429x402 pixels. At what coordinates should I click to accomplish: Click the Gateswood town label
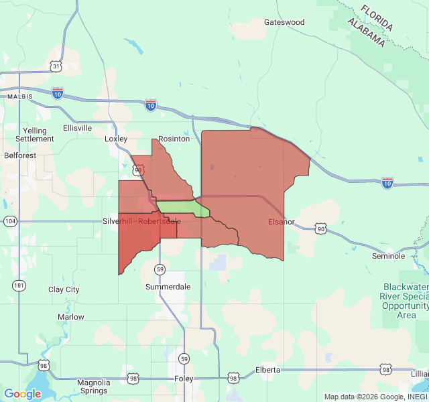point(284,22)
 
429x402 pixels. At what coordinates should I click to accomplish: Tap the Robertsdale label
point(159,221)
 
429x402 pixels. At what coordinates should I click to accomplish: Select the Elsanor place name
point(282,222)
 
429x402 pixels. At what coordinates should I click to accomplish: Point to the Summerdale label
point(168,287)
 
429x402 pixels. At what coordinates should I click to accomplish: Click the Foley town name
point(184,379)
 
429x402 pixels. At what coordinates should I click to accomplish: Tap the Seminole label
point(389,256)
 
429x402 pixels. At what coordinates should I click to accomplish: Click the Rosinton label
point(174,139)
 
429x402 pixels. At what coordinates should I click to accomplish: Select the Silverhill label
point(119,221)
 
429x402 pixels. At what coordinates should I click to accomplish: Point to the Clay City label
point(64,289)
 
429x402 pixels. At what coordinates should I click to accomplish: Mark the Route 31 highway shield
point(56,66)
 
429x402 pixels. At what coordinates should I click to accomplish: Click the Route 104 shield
point(10,220)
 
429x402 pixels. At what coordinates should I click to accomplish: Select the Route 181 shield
point(19,285)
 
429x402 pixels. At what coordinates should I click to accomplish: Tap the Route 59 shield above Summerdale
point(160,269)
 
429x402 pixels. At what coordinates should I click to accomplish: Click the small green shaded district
point(181,208)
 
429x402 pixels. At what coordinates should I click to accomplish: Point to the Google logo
point(22,394)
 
